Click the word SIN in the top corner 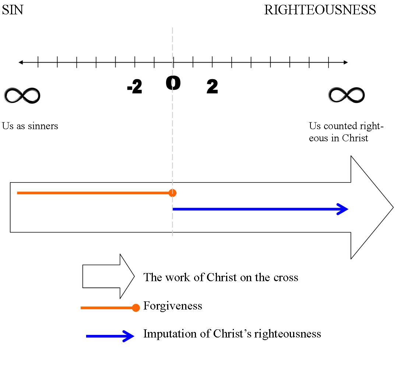(13, 10)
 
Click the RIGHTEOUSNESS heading (320, 10)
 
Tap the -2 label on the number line (134, 88)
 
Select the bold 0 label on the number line (173, 84)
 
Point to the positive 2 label (212, 87)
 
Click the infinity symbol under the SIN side (22, 96)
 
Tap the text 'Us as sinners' (30, 126)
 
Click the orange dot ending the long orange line (172, 193)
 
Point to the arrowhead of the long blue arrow (343, 209)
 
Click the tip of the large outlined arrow (392, 207)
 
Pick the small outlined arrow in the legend (108, 276)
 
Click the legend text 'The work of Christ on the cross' (221, 277)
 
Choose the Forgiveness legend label (172, 306)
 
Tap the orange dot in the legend (136, 308)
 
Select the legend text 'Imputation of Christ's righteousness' (232, 334)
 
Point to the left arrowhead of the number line (21, 63)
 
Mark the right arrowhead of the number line (345, 63)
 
